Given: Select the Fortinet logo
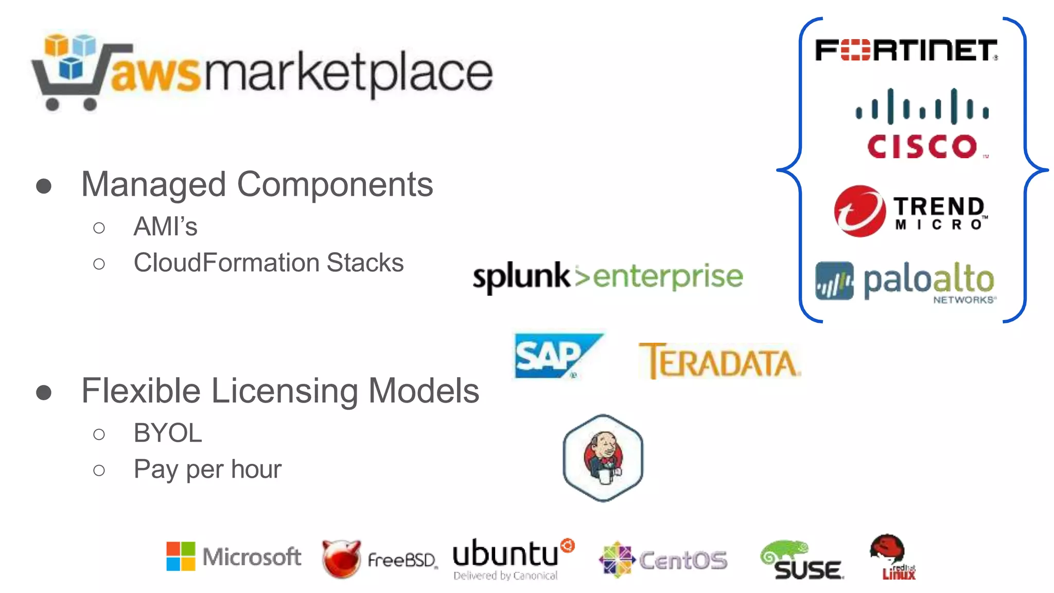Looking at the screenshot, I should coord(906,50).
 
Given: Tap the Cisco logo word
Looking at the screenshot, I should coord(922,147).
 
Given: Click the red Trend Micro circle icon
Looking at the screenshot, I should coord(859,211).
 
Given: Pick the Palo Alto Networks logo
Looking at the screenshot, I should coord(906,282).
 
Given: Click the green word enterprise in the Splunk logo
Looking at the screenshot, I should coord(668,277).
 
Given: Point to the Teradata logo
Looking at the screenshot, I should coord(719,361).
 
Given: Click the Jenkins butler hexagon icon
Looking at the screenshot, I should coord(603,458).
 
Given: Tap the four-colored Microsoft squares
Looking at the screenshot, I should coord(181,556).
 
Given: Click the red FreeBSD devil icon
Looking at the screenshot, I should coord(341,559).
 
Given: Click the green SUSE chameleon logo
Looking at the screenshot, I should coord(801,560).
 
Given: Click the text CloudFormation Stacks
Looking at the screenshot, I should coord(268,263).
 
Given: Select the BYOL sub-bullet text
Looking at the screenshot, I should coord(167,433).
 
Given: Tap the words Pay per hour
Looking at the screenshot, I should coord(207,469).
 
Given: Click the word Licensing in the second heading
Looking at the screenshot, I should coord(285,391).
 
